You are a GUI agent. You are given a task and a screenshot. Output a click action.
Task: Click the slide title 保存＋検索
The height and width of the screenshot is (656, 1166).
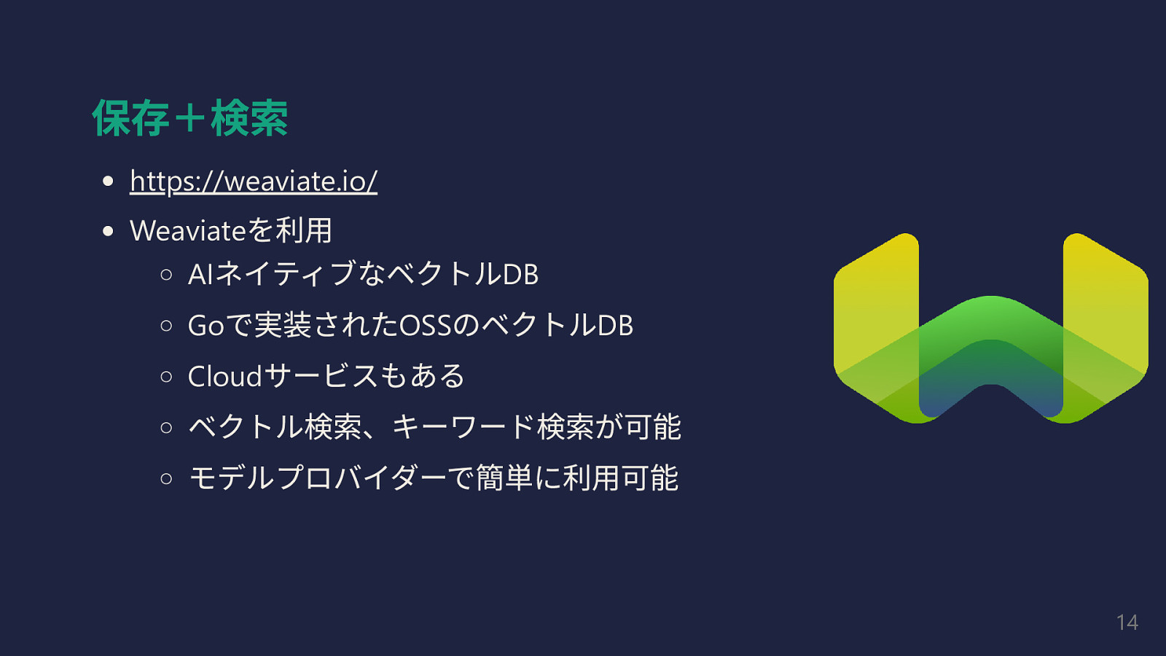click(x=189, y=118)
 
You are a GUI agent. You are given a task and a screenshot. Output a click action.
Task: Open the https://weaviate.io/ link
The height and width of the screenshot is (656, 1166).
click(x=253, y=181)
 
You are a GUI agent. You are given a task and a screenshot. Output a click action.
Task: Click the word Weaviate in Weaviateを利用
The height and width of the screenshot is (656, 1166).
click(x=187, y=231)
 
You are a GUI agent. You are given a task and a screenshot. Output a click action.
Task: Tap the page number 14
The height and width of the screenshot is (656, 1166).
click(x=1127, y=622)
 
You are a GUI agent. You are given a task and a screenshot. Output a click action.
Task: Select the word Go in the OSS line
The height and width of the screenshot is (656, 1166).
click(x=206, y=326)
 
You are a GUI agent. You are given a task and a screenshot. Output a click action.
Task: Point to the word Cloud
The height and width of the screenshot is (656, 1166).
click(x=224, y=377)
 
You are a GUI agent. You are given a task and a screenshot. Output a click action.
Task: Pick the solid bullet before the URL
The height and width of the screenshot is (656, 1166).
click(x=109, y=181)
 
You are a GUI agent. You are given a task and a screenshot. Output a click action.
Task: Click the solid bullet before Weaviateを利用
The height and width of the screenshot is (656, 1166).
click(x=109, y=232)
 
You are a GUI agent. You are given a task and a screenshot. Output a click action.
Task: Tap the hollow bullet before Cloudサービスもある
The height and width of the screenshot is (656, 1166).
click(x=167, y=377)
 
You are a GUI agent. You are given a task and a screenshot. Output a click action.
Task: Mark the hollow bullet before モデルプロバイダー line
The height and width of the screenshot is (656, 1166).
click(x=167, y=478)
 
